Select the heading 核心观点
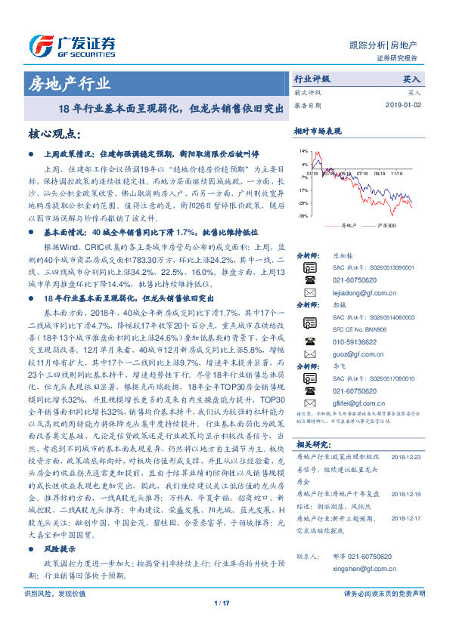tap(54, 134)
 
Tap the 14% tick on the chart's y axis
tap(303, 151)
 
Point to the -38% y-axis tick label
tap(303, 216)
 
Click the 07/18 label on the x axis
tap(312, 171)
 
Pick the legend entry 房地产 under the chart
tap(347, 225)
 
